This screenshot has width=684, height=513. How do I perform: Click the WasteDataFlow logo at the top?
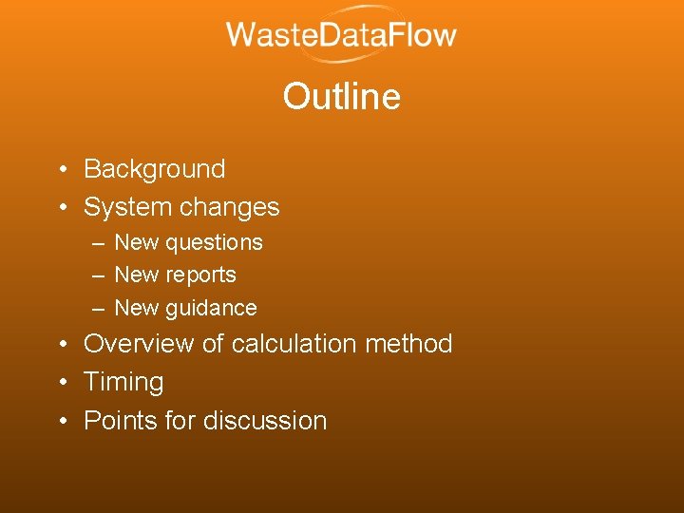[341, 37]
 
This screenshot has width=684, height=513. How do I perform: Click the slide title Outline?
[341, 97]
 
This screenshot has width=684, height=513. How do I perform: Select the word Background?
[155, 169]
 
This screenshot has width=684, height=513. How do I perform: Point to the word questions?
[214, 243]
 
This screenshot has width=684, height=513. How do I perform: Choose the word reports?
[200, 275]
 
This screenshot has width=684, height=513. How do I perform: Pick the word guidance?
[211, 309]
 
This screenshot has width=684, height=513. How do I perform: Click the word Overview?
[142, 344]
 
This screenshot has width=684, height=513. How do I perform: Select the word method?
[412, 344]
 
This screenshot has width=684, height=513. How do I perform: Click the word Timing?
[123, 383]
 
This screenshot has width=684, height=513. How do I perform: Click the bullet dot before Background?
[60, 170]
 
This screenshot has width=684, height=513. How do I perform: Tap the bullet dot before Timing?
[60, 383]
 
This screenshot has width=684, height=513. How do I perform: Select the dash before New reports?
[99, 275]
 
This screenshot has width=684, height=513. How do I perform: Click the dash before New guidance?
[99, 309]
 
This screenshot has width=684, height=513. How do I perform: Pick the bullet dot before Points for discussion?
[60, 421]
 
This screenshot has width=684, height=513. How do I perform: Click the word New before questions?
[136, 243]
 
